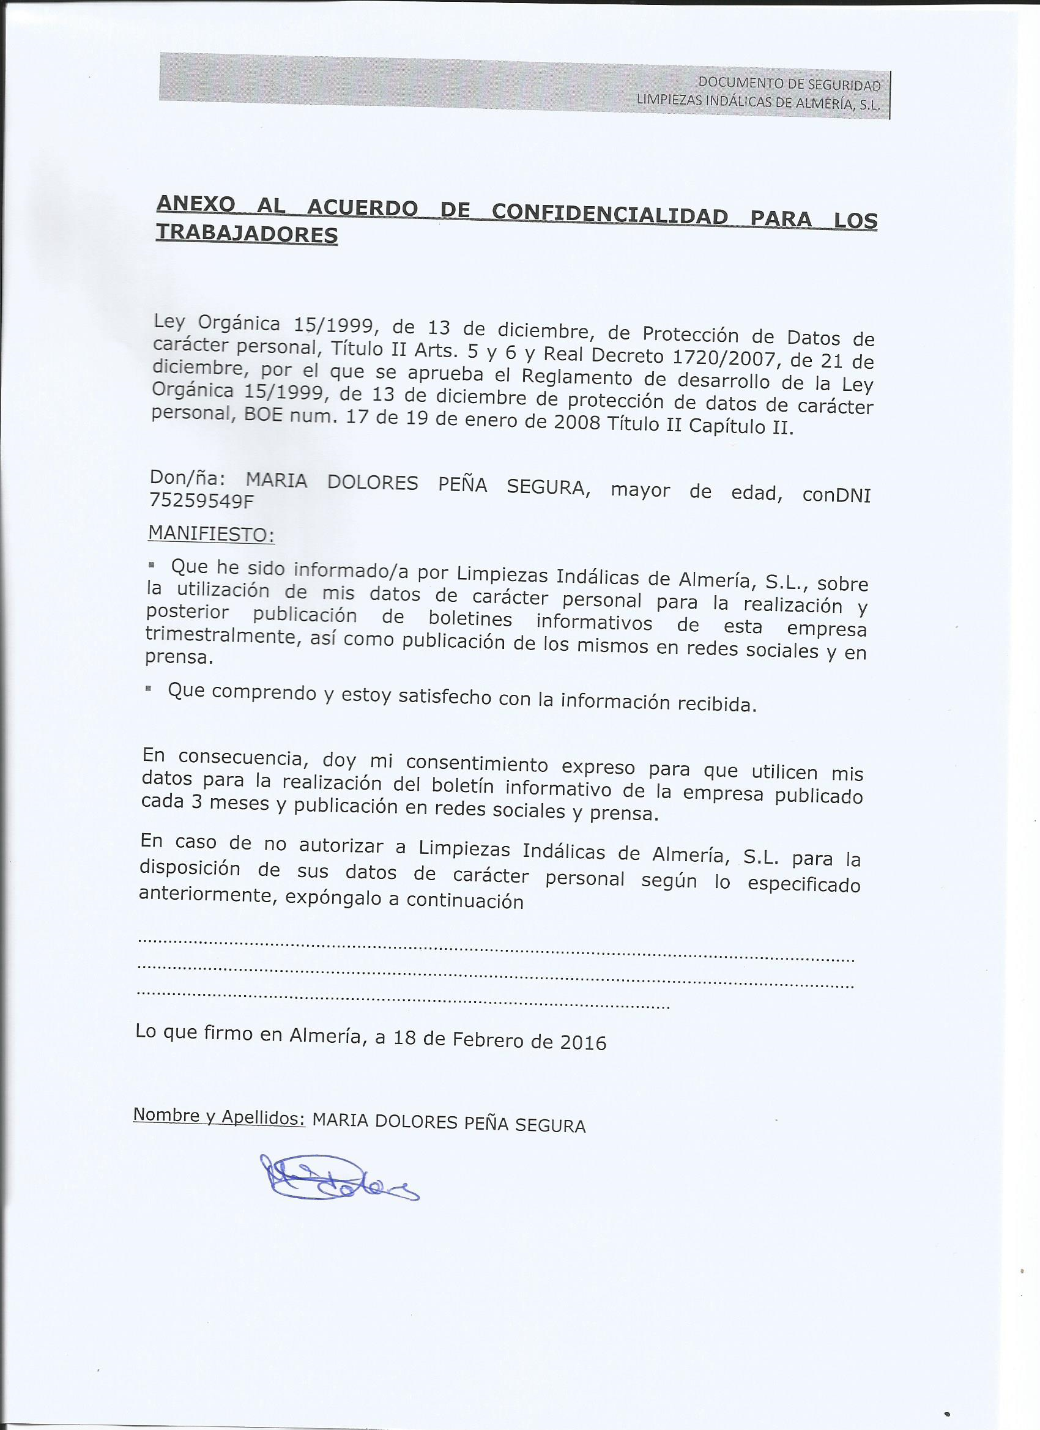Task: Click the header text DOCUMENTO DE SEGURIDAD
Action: click(789, 84)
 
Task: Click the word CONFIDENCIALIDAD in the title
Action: click(609, 214)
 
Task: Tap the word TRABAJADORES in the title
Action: click(247, 234)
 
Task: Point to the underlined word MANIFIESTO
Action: click(210, 534)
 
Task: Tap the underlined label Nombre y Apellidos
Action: click(218, 1116)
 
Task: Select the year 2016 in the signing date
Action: click(583, 1043)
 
